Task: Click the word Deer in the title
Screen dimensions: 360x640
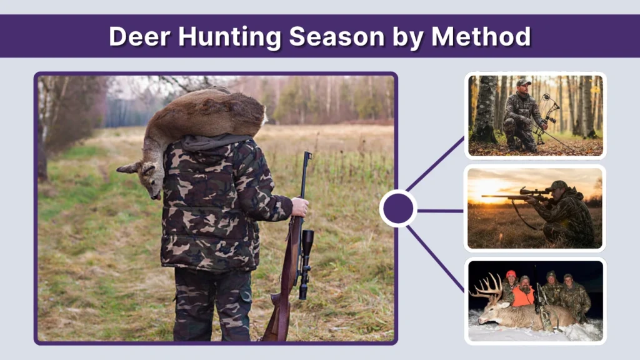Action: click(139, 36)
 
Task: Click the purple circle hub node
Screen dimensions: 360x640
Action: click(397, 209)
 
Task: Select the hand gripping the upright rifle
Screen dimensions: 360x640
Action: click(300, 207)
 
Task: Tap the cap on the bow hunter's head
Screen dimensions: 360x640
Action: click(523, 82)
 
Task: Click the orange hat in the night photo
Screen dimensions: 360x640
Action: click(511, 274)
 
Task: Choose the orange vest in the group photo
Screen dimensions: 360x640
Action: click(522, 296)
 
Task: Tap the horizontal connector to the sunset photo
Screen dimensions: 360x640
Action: click(440, 211)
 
